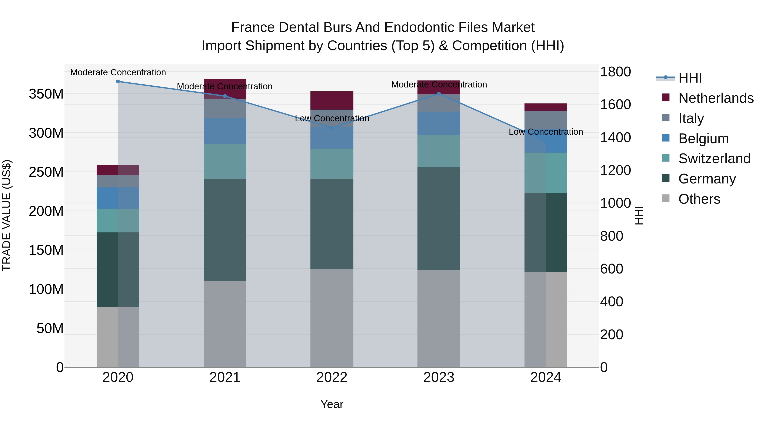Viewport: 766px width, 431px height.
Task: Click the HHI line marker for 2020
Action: click(118, 81)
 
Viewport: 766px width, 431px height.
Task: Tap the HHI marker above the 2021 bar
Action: click(225, 96)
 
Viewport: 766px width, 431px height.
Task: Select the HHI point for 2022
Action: click(332, 128)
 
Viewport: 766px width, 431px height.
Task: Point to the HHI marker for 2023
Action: click(439, 94)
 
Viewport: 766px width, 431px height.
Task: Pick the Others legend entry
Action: click(699, 199)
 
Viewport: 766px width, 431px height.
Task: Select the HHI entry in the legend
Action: click(690, 78)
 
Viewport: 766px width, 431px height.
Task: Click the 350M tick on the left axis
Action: click(46, 94)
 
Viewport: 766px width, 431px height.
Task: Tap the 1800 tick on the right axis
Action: click(615, 72)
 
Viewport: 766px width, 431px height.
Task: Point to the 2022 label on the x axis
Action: click(332, 377)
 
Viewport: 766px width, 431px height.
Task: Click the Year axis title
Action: click(332, 404)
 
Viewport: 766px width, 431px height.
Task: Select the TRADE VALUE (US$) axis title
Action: click(7, 215)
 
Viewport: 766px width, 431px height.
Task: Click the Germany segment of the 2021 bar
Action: click(225, 230)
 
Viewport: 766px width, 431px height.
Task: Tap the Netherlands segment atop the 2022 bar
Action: click(332, 100)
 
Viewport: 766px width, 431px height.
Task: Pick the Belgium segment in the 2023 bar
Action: click(439, 123)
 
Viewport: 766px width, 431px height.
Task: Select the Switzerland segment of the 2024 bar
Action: click(546, 173)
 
